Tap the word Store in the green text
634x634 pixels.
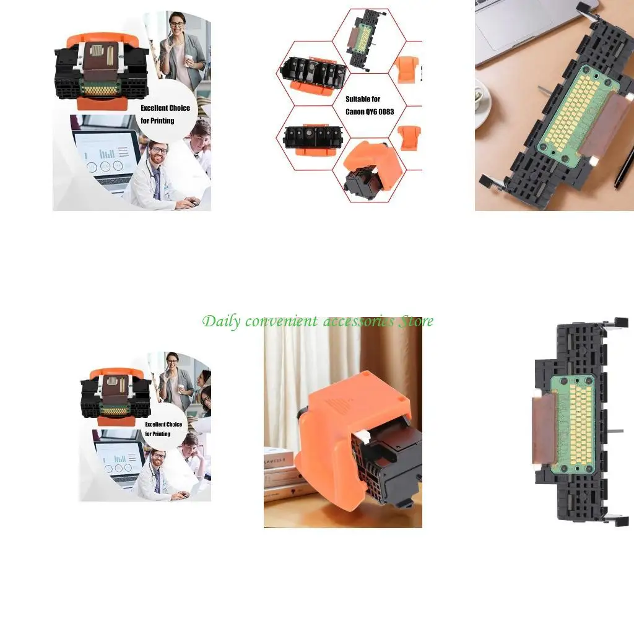point(415,321)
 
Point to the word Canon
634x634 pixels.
point(357,111)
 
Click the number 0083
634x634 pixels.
point(384,111)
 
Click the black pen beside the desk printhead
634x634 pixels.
point(624,167)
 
